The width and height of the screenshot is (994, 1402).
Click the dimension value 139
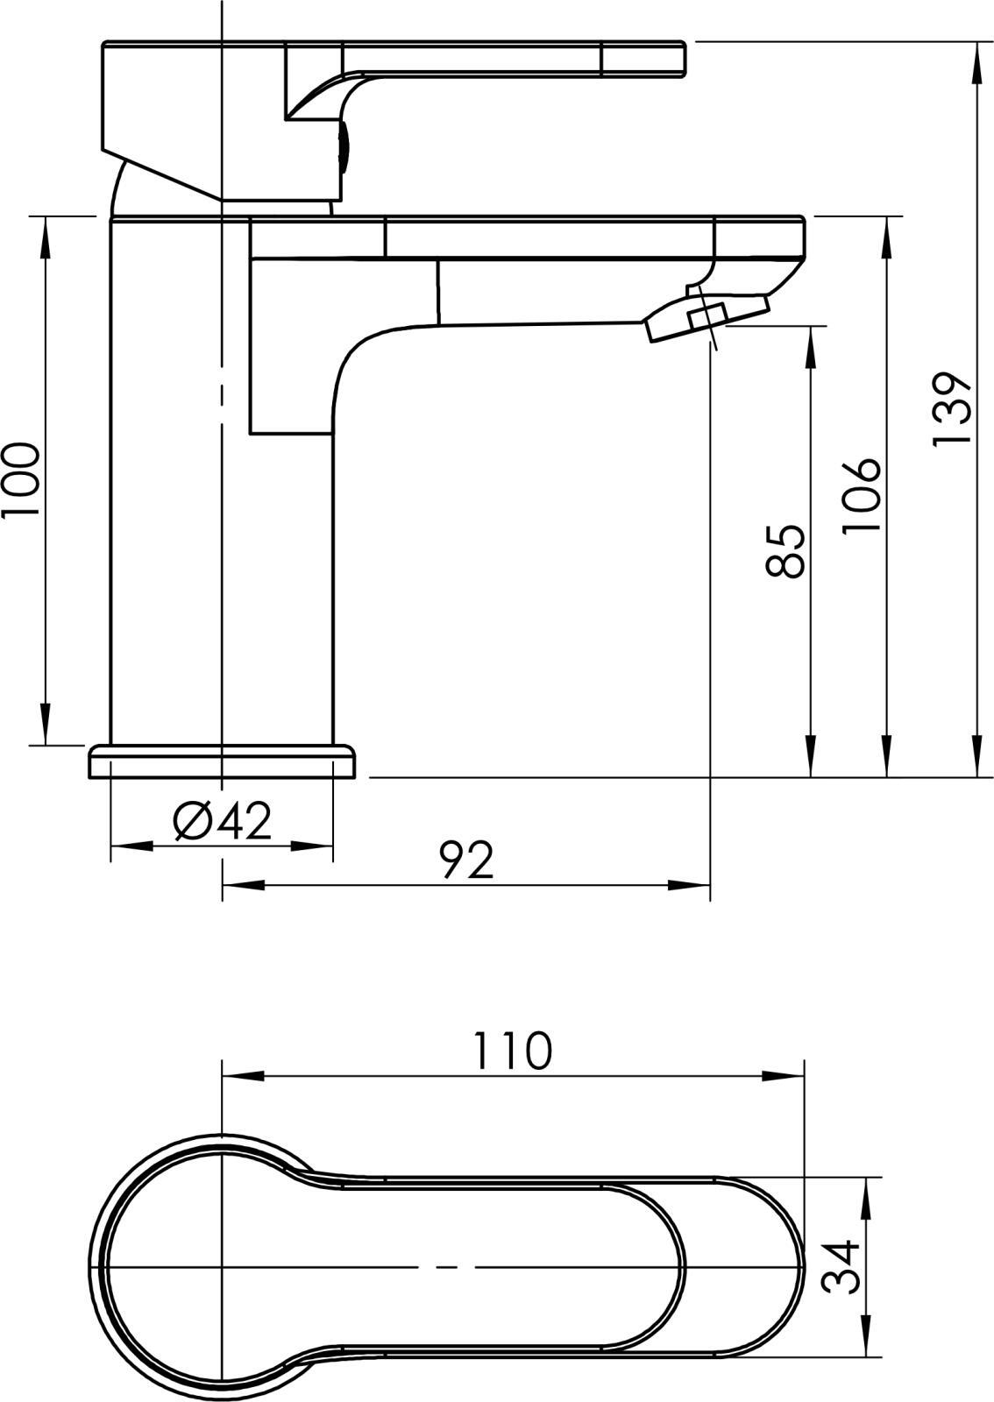click(951, 409)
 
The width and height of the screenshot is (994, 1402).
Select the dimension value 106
click(862, 496)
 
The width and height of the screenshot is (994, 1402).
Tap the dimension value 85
click(785, 551)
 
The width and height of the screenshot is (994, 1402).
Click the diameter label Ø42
click(223, 822)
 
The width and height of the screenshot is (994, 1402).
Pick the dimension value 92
click(467, 860)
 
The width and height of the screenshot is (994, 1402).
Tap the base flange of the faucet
click(222, 761)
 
